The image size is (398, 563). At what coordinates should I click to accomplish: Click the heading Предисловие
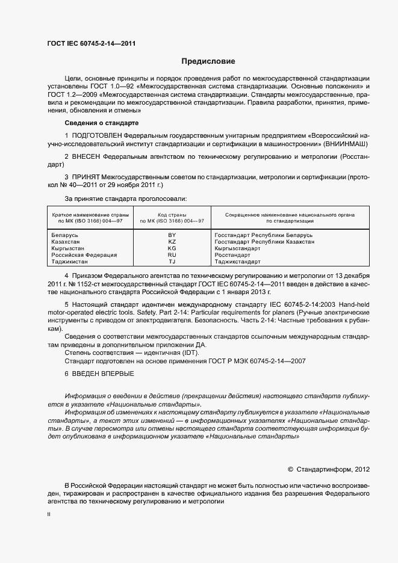point(208,61)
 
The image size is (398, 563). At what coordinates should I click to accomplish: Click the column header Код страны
point(172,215)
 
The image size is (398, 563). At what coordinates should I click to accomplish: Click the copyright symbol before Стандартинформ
point(290,469)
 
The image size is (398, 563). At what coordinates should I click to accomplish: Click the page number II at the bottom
point(49,515)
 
